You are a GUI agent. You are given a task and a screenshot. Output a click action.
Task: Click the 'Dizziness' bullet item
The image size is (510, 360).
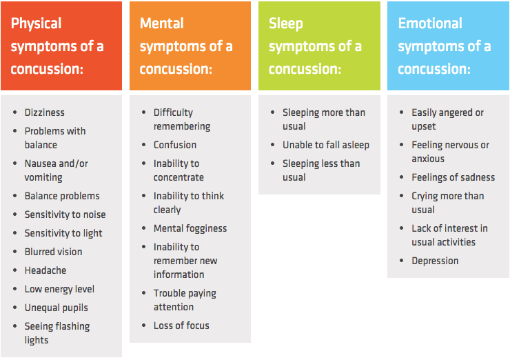[x=44, y=112]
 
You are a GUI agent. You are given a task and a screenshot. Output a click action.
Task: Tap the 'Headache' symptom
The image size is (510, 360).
[x=45, y=270]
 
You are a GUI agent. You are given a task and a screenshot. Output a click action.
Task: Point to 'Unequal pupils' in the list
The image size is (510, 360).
[x=56, y=308]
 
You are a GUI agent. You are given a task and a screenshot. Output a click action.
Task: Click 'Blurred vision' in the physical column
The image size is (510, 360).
[x=53, y=252]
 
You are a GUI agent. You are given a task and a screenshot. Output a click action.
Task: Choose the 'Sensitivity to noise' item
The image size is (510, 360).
[x=65, y=214]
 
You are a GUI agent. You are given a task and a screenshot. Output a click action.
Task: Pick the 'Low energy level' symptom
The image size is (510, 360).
[x=59, y=289]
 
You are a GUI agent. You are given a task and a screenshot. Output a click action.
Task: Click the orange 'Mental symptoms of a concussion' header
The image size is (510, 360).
[x=190, y=46]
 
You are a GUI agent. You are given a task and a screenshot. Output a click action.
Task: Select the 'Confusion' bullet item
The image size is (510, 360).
[x=174, y=145]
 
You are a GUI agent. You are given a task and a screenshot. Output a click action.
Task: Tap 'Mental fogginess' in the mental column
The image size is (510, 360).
[x=190, y=228]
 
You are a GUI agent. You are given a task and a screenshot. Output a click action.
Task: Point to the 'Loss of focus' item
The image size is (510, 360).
[x=181, y=326]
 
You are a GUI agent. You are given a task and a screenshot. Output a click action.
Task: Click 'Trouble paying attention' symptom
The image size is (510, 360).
[x=184, y=300]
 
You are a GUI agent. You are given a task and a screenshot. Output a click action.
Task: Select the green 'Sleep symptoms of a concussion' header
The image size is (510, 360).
[x=318, y=46]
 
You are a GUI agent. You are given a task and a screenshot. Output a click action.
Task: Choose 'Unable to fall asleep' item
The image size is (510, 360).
[x=325, y=145]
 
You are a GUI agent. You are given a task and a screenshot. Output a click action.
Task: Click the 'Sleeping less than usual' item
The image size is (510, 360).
[x=321, y=170]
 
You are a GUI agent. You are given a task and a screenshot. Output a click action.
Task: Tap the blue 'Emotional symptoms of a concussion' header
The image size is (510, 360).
[x=448, y=46]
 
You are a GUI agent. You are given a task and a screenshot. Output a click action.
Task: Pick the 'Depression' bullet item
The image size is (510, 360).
[x=435, y=261]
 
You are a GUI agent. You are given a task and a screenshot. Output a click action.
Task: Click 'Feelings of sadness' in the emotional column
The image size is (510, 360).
[x=453, y=177]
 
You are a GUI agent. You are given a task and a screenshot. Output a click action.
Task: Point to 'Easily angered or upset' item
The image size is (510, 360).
[x=447, y=119]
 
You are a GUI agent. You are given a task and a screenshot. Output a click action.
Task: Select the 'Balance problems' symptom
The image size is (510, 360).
[x=62, y=196]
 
